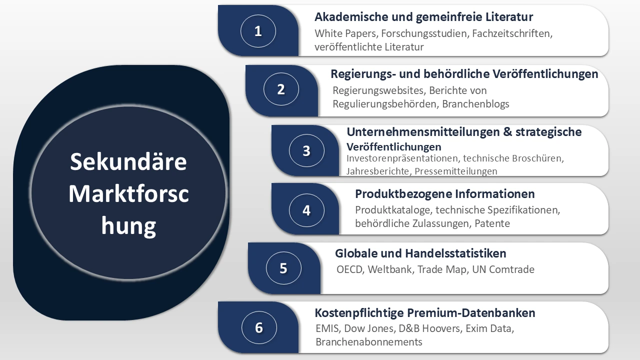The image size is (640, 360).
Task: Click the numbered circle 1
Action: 258,31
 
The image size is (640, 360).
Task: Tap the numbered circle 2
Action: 281,89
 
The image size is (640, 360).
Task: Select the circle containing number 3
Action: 306,150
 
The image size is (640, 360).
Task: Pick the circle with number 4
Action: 306,210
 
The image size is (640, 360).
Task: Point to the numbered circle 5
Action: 283,268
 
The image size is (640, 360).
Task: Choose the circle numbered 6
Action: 259,327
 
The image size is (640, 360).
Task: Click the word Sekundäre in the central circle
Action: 128,161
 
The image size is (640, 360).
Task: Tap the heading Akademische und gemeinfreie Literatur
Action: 423,17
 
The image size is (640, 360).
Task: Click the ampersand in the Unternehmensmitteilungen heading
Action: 505,132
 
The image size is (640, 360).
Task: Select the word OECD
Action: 350,269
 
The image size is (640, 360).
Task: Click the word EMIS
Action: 327,329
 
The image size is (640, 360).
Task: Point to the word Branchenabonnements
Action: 368,342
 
